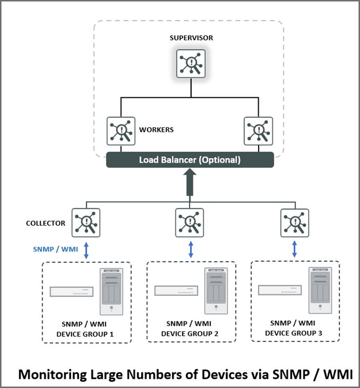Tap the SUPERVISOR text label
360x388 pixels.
(191, 37)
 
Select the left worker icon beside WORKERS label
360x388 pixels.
(121, 130)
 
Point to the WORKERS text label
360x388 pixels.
(156, 130)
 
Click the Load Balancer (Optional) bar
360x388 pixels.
(190, 160)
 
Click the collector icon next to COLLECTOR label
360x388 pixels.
(86, 223)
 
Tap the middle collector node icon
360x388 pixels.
(189, 223)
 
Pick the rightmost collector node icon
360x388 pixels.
(295, 223)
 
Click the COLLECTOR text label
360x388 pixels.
(45, 223)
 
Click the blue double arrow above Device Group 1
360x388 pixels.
(86, 250)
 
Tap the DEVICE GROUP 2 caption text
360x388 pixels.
(189, 333)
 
